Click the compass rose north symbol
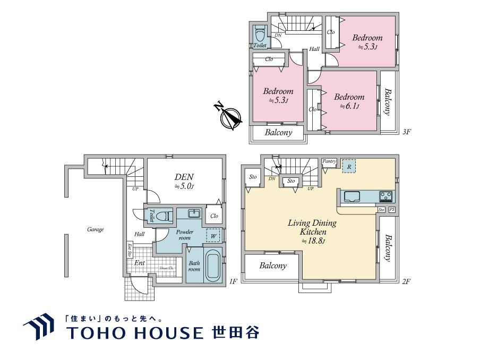tap(229, 116)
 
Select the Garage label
tap(96, 230)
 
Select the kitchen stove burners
tap(386, 196)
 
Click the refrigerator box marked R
tap(349, 166)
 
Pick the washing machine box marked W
tap(213, 235)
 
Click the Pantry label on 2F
tap(329, 161)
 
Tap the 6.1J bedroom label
tap(349, 101)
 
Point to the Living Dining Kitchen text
tap(312, 227)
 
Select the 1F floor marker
tap(232, 281)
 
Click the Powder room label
tap(185, 235)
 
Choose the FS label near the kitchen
tap(392, 210)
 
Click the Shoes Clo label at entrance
tap(166, 268)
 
